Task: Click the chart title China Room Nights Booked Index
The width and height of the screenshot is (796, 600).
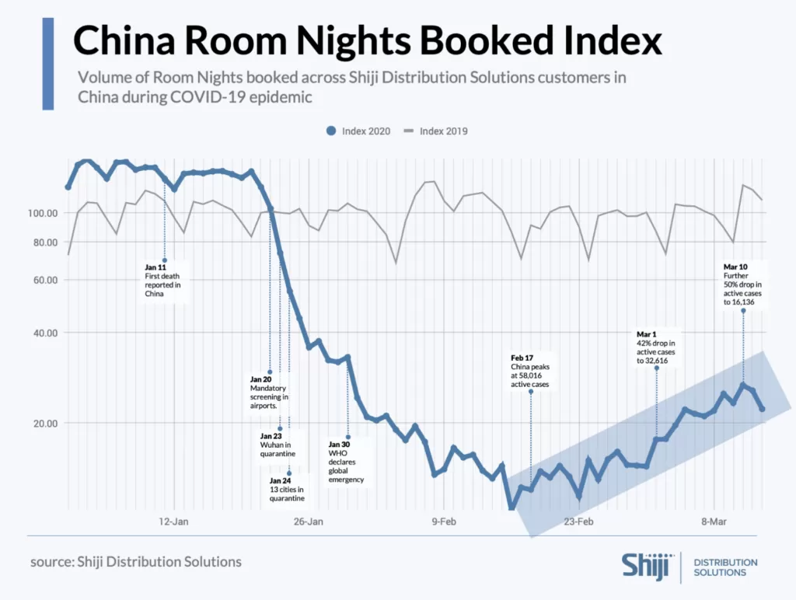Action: tap(368, 41)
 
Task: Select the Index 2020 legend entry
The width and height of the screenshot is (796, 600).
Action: tap(358, 131)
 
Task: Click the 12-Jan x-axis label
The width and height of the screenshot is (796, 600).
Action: tap(173, 522)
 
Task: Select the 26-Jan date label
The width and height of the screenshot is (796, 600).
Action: tap(308, 522)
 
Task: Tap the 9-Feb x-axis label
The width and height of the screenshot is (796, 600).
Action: tap(444, 522)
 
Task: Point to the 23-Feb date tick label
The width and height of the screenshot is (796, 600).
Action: tap(578, 522)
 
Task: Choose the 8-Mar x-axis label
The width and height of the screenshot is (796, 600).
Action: tap(713, 522)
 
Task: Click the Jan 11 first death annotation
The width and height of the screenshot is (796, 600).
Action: tap(162, 280)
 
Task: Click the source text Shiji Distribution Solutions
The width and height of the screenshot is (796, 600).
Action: tap(136, 561)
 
